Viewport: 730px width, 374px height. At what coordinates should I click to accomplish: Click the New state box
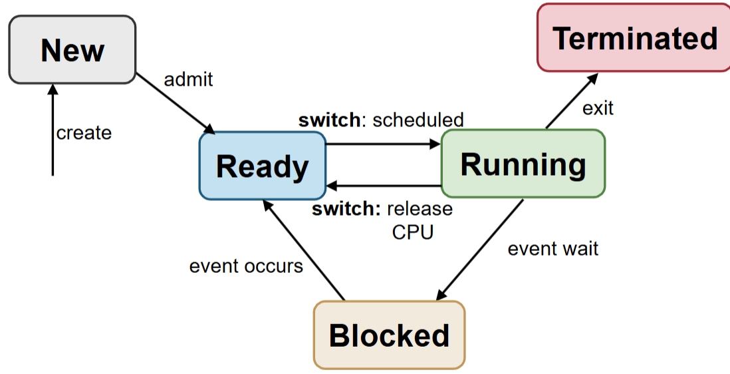72,50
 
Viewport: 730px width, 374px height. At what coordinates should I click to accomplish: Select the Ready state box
262,166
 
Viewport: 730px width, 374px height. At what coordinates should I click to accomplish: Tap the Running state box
523,164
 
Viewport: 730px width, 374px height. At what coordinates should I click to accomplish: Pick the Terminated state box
634,37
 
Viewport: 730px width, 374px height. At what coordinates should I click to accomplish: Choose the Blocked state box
389,335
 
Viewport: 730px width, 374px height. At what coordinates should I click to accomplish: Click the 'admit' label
188,79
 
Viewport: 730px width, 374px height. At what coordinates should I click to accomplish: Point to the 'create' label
84,133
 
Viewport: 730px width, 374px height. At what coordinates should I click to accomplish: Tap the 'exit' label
598,108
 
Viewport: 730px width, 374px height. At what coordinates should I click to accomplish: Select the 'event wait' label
552,248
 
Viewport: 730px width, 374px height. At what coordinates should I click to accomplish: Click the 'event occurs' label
246,266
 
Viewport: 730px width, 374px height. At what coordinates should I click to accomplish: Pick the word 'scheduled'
418,120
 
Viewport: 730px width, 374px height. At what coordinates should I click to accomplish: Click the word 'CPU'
412,232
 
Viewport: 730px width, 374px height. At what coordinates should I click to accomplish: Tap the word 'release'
420,209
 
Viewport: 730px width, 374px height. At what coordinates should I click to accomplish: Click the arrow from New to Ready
175,104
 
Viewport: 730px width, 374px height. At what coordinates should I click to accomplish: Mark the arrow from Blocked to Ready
303,250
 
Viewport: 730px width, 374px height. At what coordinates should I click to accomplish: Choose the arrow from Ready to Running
383,143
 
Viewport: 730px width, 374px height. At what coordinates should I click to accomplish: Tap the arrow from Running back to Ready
383,186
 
